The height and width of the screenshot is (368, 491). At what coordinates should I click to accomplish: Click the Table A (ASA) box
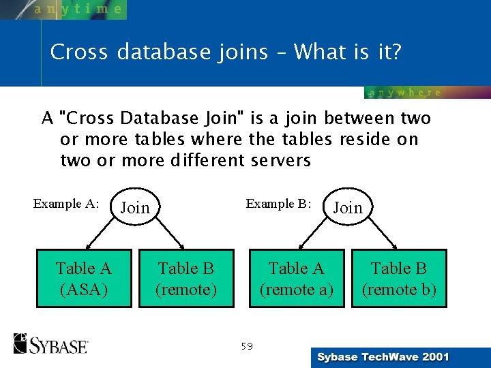click(84, 279)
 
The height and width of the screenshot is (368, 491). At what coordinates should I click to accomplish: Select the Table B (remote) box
click(186, 279)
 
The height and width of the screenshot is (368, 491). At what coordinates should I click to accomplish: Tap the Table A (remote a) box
click(296, 279)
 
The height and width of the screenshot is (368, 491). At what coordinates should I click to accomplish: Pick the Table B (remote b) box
click(399, 279)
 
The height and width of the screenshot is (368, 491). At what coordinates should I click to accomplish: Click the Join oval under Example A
click(135, 207)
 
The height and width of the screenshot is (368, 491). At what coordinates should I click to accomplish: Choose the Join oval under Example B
click(348, 207)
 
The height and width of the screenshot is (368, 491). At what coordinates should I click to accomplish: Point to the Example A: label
click(66, 203)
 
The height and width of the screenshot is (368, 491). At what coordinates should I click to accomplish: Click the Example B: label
click(278, 203)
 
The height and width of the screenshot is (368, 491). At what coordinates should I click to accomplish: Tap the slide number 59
click(246, 346)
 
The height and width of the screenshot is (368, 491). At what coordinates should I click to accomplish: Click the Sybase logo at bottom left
click(51, 343)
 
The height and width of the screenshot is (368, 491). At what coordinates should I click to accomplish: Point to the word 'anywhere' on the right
click(404, 93)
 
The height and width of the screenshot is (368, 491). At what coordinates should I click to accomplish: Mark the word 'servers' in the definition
click(281, 161)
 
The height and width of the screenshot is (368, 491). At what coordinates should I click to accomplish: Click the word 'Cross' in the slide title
click(79, 52)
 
